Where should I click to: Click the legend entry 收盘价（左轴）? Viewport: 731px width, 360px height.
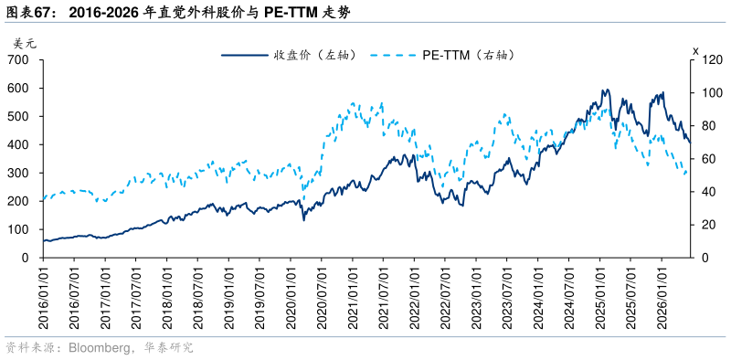290,55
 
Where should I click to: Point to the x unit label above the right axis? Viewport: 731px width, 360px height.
695,50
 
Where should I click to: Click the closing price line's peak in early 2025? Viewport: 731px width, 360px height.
605,89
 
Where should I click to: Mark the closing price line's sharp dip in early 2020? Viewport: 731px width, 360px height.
304,219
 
